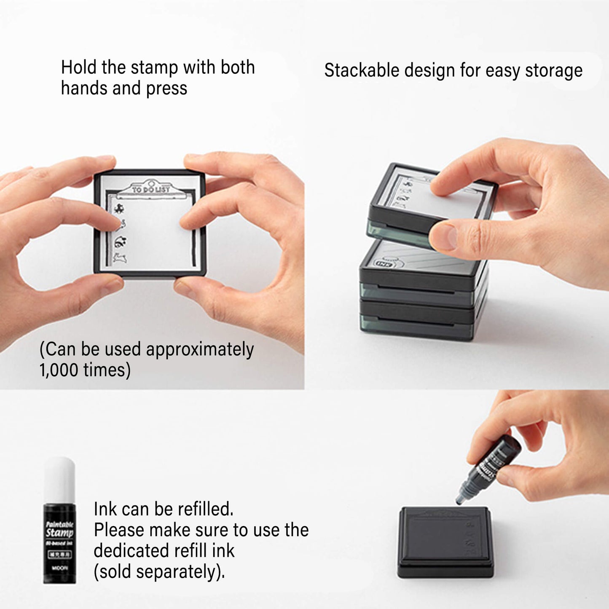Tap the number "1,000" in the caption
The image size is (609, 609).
[x=59, y=370]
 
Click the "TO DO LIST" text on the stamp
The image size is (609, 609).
[x=150, y=189]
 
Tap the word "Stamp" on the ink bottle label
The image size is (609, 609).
[x=59, y=532]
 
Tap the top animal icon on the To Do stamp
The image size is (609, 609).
[x=119, y=208]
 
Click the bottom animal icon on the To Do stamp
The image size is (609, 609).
[x=120, y=258]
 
